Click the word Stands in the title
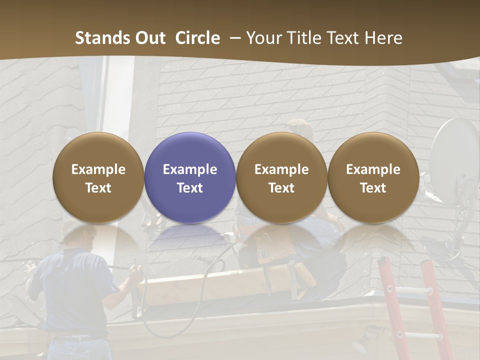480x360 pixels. pyautogui.click(x=103, y=38)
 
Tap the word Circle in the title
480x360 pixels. pyautogui.click(x=197, y=38)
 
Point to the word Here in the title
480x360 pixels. pyautogui.click(x=383, y=38)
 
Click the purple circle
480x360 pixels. pyautogui.click(x=190, y=177)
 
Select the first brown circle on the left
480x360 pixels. pyautogui.click(x=98, y=177)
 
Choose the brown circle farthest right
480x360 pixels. pyautogui.click(x=373, y=177)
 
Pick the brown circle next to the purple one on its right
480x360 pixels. pyautogui.click(x=281, y=177)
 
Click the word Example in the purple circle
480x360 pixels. pyautogui.click(x=190, y=169)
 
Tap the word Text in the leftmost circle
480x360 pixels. pyautogui.click(x=98, y=188)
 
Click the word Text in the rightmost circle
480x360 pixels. pyautogui.click(x=373, y=188)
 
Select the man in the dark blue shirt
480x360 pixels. pyautogui.click(x=75, y=290)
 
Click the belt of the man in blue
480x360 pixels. pyautogui.click(x=75, y=336)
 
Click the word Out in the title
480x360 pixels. pyautogui.click(x=151, y=38)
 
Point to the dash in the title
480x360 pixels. pyautogui.click(x=234, y=38)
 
